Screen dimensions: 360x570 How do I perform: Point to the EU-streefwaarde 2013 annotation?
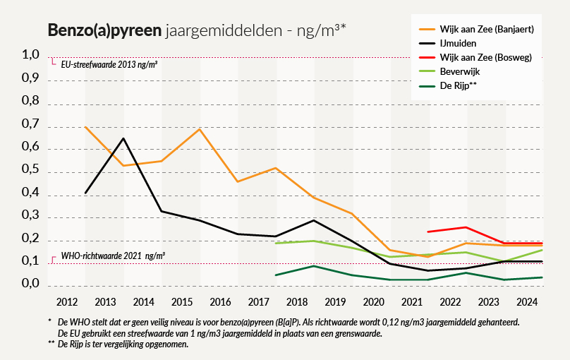(109, 64)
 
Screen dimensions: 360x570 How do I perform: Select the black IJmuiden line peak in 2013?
(123, 138)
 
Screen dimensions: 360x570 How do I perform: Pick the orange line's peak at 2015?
(200, 129)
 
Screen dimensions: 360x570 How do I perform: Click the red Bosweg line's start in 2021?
(428, 232)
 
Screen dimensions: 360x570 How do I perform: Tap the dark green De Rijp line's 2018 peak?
(314, 266)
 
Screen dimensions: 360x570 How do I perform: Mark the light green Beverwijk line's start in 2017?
(276, 244)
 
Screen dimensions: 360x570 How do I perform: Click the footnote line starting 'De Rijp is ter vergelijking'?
(127, 344)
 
